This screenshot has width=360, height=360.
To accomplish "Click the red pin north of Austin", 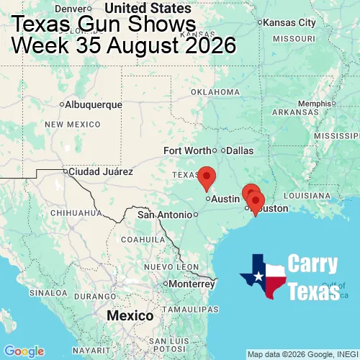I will [x=207, y=176].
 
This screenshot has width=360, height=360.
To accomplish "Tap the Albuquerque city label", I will [x=93, y=104].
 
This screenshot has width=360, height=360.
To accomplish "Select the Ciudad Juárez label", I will [x=100, y=172].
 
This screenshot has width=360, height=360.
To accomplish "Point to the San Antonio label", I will [x=166, y=215].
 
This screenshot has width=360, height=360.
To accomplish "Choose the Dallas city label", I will [x=240, y=150].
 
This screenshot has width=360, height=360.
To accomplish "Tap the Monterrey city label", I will [x=192, y=284].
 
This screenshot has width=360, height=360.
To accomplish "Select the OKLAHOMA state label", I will [x=215, y=92].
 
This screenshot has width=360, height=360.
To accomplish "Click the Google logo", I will [x=24, y=351].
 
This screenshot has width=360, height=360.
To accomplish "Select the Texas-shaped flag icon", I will [x=263, y=276].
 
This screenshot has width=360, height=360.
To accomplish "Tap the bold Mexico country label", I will [x=130, y=316].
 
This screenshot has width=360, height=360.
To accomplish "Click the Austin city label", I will [x=225, y=199].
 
